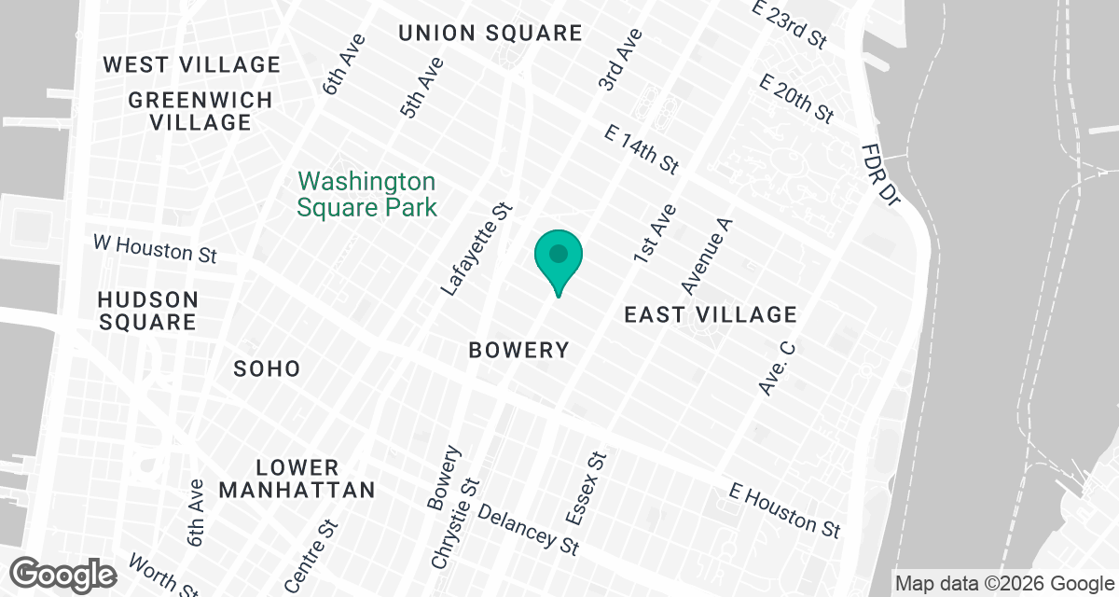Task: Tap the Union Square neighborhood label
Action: coord(490,34)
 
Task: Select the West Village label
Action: coord(191,64)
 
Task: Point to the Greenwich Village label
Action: coord(200,111)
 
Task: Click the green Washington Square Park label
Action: coord(366,193)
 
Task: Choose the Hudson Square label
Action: coord(148,312)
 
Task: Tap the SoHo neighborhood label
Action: coord(267,368)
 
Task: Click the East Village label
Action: coord(711,315)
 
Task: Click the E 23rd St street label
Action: coord(790,24)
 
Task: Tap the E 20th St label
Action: coord(796,100)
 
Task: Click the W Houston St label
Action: coord(155,248)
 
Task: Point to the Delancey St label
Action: coord(529,530)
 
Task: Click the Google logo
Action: coord(64,573)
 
